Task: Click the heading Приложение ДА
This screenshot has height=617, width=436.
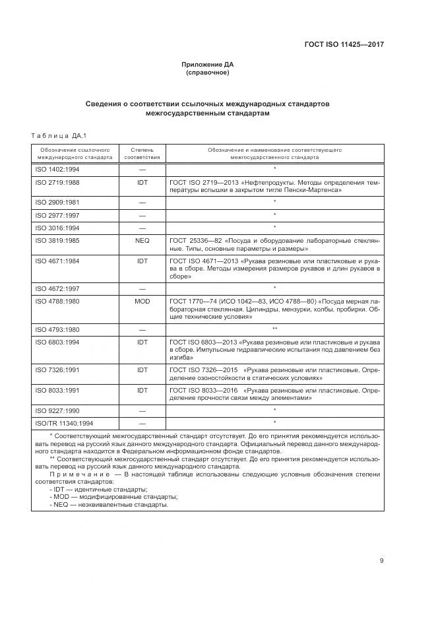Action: pos(207,65)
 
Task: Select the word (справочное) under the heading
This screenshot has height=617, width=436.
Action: pos(207,73)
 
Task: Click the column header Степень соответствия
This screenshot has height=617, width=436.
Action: pos(142,154)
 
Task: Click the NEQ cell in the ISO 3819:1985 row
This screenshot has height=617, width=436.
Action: pos(142,242)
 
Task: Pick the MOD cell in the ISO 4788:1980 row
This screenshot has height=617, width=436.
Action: pos(142,301)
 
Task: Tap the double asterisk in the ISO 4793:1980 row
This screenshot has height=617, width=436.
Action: pos(274,329)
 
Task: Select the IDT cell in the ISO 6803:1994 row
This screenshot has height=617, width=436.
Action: pos(142,342)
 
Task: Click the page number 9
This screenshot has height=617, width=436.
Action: pos(381,561)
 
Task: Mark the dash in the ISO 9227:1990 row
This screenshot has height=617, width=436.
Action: pos(142,410)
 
